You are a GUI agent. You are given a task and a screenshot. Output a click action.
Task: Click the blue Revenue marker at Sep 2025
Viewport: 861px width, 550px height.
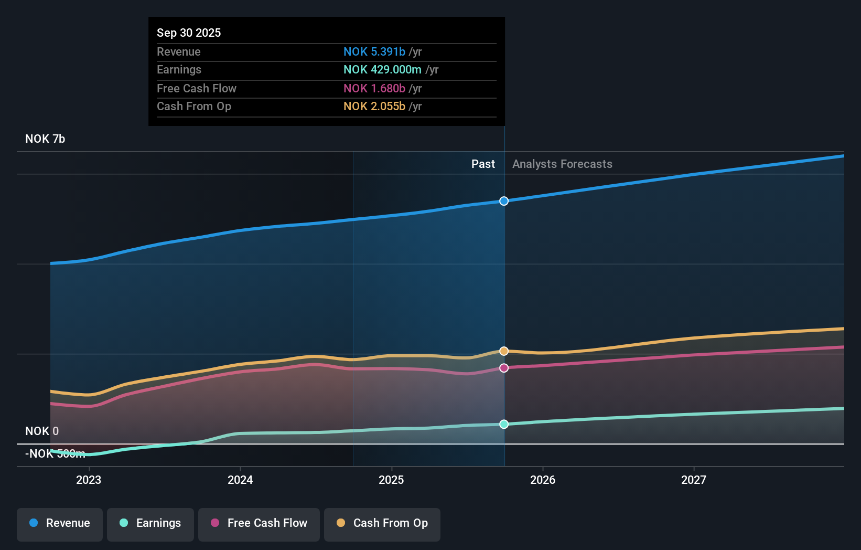point(504,201)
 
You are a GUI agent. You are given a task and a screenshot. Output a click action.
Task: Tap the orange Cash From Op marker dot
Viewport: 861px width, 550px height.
point(504,351)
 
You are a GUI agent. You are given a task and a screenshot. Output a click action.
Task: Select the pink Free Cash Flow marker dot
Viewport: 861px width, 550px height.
point(504,368)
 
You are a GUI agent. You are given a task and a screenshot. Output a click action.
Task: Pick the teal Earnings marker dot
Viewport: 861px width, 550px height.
point(504,424)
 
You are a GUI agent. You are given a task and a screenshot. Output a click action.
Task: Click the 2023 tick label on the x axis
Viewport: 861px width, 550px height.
point(89,480)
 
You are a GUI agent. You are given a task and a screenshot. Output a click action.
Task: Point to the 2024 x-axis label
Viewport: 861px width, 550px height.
point(240,480)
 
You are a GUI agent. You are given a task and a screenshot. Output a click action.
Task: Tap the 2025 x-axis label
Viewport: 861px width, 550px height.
point(391,480)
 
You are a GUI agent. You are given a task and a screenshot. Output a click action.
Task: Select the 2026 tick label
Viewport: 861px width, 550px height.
point(543,480)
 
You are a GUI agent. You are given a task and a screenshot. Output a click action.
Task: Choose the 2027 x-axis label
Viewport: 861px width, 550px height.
point(694,480)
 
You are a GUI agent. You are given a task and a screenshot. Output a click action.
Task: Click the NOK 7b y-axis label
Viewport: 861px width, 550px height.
point(45,139)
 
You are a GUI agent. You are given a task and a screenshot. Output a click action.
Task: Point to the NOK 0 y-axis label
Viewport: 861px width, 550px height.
point(42,431)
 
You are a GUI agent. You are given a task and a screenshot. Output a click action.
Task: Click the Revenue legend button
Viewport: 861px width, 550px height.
point(60,524)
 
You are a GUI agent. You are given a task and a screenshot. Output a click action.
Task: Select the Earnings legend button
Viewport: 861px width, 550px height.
point(150,524)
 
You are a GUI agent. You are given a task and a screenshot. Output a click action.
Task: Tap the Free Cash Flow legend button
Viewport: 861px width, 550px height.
point(259,524)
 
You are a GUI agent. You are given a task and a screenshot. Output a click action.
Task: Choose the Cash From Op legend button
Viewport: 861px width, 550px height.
point(382,524)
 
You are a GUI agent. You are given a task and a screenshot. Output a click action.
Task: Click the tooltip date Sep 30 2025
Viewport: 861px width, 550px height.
point(189,33)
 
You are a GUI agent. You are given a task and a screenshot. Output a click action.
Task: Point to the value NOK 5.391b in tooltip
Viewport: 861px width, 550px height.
point(374,51)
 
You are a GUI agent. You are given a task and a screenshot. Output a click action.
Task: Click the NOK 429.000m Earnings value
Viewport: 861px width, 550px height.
point(382,70)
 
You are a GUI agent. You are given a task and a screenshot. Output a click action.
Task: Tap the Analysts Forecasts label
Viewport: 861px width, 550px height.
point(562,164)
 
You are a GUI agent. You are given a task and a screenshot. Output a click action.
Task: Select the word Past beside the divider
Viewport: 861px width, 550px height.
point(483,164)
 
